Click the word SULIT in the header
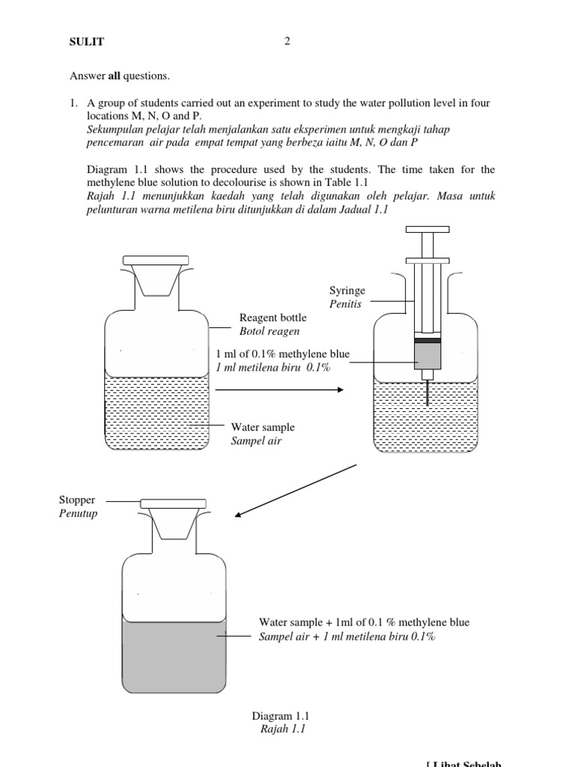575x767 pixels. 86,42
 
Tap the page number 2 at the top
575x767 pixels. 287,41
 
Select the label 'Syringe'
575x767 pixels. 347,291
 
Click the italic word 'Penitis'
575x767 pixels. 345,304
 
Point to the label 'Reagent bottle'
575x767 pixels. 273,318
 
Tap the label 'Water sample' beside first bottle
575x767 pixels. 263,427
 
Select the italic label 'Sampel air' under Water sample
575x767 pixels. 256,440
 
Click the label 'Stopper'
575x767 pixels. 77,500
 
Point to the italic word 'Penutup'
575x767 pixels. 78,513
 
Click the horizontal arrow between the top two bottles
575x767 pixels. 279,389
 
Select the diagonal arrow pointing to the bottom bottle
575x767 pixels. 296,490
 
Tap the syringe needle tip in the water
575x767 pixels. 428,402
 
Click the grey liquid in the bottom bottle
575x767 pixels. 174,656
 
